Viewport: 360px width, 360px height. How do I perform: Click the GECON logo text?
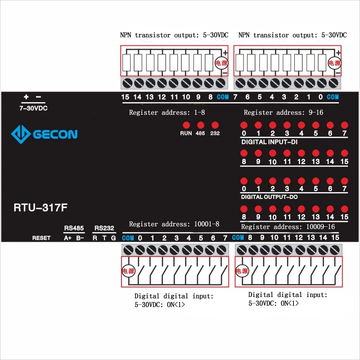tap(54, 134)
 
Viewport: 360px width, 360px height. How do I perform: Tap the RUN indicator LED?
tap(186, 125)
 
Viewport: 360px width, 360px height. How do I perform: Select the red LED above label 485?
tap(201, 125)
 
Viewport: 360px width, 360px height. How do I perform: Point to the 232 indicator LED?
tap(215, 125)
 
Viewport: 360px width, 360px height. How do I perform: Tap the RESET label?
tap(41, 238)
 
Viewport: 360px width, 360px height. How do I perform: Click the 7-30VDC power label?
tap(33, 108)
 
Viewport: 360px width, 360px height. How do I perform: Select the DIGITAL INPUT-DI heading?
tap(269, 142)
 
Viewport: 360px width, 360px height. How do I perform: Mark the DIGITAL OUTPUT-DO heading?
tap(269, 197)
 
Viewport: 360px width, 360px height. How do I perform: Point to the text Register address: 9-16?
tap(283, 112)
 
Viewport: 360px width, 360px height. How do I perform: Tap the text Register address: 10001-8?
tap(174, 224)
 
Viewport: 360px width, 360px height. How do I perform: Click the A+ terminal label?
tap(68, 238)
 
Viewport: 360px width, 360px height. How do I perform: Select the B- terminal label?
tap(80, 238)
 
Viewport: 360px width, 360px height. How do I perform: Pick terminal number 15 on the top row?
tap(125, 97)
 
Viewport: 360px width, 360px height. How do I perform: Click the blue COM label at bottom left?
tap(128, 238)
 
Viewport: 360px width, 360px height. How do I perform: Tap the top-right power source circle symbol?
tap(334, 63)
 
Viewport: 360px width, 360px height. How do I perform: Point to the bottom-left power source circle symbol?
tap(128, 271)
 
